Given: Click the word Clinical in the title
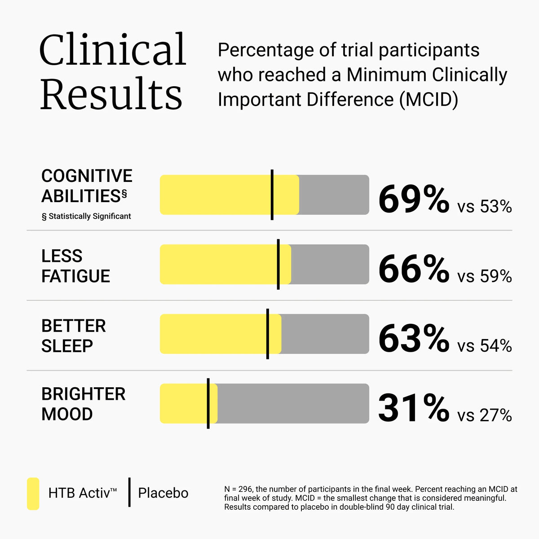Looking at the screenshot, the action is tap(112, 49).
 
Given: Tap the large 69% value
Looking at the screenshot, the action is tap(414, 199).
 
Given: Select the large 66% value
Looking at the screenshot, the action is tap(414, 269).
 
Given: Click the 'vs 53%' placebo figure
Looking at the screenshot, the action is tap(485, 207).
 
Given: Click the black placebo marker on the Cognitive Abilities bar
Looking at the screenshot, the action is tap(272, 194).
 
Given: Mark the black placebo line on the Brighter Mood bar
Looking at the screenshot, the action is tap(208, 403).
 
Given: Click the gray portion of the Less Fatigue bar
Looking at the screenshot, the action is tap(330, 264).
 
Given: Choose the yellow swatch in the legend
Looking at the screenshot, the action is tap(33, 494).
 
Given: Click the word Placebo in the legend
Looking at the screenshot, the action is tap(163, 493).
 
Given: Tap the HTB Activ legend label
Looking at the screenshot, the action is tap(82, 493).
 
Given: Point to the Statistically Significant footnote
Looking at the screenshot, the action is tap(86, 216).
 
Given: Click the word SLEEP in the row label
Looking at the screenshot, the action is tap(67, 346).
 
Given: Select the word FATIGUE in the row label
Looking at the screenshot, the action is tap(76, 276).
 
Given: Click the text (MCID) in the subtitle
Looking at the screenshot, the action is tap(429, 99).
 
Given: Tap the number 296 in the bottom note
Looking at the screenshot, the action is tap(245, 489).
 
